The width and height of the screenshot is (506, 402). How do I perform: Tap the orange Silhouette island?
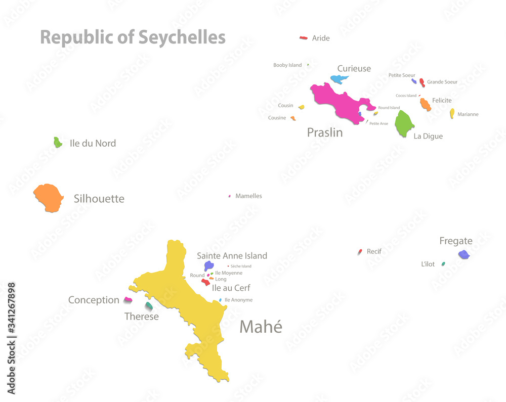tap(48, 197)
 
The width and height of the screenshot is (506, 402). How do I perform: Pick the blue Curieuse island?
tap(339, 79)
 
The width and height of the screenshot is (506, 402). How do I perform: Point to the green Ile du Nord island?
tap(58, 142)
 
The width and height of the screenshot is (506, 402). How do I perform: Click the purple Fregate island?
tap(463, 254)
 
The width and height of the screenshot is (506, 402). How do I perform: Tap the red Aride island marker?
tap(304, 37)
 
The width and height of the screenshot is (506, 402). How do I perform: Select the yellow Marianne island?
tap(452, 113)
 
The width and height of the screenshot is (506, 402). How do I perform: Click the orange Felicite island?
tap(426, 104)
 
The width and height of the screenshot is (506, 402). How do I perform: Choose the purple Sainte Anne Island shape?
tap(208, 265)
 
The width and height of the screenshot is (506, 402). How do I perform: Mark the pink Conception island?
tap(128, 300)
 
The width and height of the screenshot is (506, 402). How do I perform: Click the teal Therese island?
tap(148, 306)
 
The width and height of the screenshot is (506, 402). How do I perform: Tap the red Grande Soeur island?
tap(422, 82)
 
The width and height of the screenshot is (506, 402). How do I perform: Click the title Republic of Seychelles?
tap(133, 37)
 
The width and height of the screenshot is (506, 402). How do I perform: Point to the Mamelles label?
tap(248, 196)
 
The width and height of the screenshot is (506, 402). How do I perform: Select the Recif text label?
tap(374, 251)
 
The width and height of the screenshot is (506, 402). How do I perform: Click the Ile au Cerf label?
tap(231, 288)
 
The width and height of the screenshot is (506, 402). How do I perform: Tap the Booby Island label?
tap(287, 65)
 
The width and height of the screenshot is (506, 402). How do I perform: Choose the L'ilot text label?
tap(428, 264)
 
